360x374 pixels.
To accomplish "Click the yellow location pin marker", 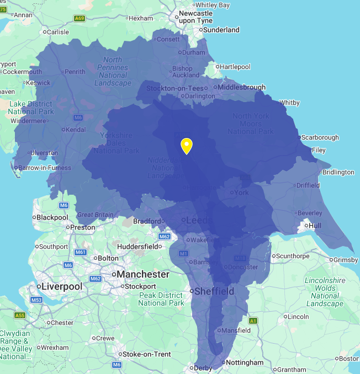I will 187,146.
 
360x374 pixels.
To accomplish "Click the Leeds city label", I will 198,221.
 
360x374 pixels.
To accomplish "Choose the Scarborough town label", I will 319,137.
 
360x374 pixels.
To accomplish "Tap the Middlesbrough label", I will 241,87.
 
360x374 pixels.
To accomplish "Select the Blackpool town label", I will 52,217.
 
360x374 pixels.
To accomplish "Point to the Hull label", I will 315,226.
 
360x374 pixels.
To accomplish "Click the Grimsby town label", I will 346,259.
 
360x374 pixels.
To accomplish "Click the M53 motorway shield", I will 36,300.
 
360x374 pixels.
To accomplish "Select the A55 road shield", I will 20,316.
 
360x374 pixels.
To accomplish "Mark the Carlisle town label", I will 57,32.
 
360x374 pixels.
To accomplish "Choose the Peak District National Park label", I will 161,299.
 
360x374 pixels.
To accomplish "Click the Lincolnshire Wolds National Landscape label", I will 325,292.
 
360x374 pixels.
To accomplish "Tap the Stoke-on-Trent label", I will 146,354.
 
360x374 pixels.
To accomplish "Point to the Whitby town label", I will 289,103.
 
